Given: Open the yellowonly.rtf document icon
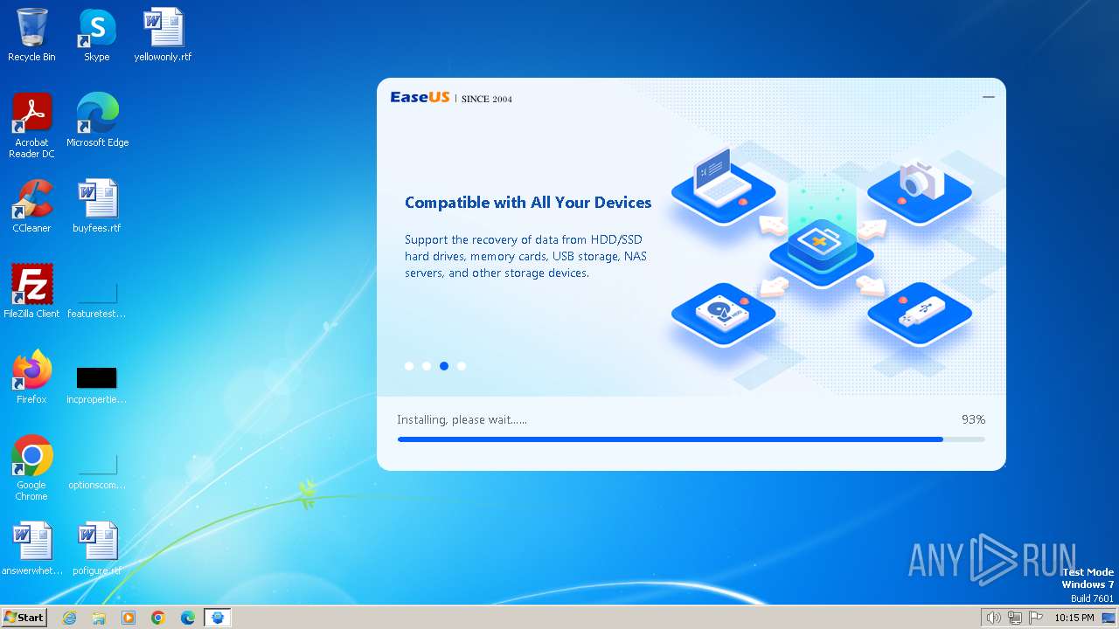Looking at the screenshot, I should pyautogui.click(x=163, y=29).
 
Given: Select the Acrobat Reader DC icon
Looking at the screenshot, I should pyautogui.click(x=31, y=114).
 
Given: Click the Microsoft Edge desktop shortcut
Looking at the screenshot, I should pyautogui.click(x=97, y=114).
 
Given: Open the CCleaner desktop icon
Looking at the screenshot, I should pyautogui.click(x=31, y=200).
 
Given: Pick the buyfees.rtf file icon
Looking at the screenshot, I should pyautogui.click(x=97, y=200).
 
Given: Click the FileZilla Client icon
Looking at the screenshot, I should pyautogui.click(x=31, y=286).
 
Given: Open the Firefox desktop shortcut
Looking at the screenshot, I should pyautogui.click(x=31, y=371).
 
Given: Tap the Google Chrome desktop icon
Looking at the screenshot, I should pyautogui.click(x=31, y=457).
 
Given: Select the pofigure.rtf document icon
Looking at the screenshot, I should pyautogui.click(x=97, y=543).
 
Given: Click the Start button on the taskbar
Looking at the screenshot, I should pyautogui.click(x=24, y=618).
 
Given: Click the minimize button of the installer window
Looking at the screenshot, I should pyautogui.click(x=989, y=97).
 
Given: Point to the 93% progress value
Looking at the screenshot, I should pyautogui.click(x=973, y=420).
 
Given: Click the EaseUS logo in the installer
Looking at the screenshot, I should pyautogui.click(x=420, y=98).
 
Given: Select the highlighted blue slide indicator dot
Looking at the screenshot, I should pyautogui.click(x=444, y=366).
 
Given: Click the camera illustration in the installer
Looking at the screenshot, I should pyautogui.click(x=921, y=182).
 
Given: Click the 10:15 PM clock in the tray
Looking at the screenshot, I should pyautogui.click(x=1074, y=618).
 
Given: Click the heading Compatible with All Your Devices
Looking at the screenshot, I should pyautogui.click(x=528, y=203).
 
